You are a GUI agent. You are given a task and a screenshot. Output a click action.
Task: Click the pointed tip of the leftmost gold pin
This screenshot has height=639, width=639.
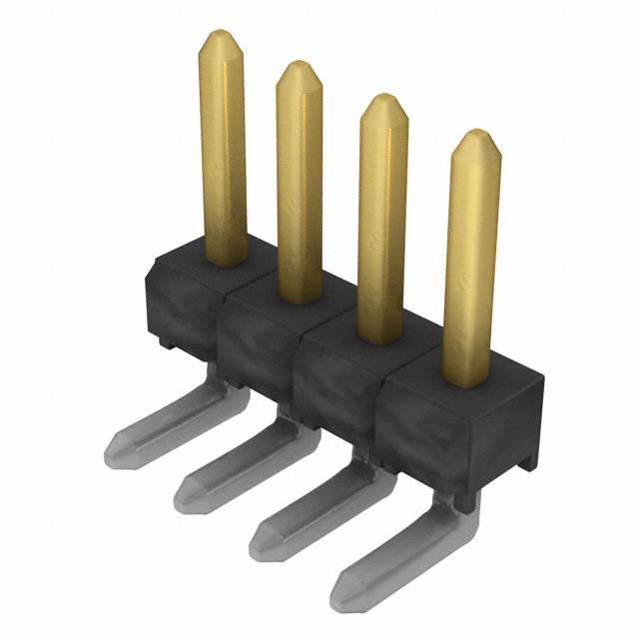221,35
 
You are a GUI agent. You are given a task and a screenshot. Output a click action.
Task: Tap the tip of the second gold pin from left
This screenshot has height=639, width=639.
298,66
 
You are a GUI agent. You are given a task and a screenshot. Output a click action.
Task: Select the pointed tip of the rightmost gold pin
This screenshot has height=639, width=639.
475,135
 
